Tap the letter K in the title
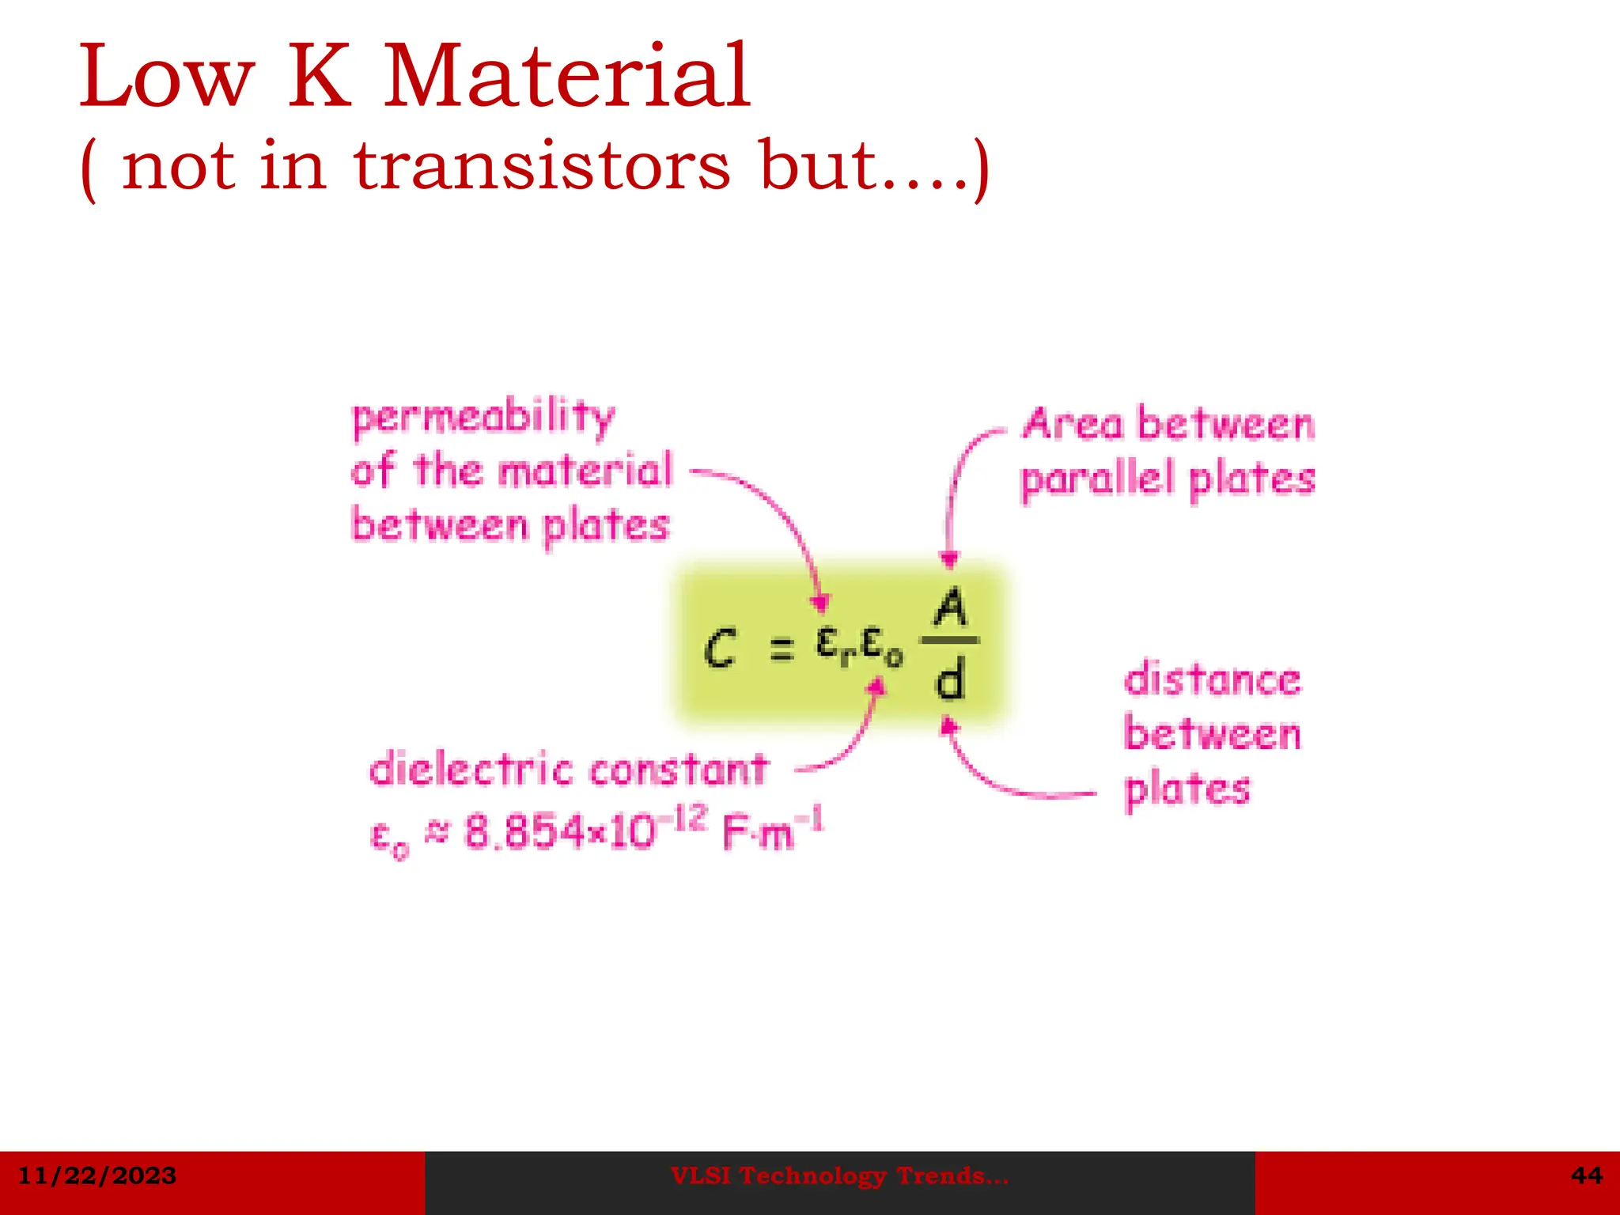(319, 77)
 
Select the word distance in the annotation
(1212, 679)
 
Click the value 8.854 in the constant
(521, 831)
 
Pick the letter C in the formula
(721, 649)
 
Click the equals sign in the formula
(782, 650)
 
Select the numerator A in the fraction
(950, 609)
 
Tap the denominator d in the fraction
(950, 680)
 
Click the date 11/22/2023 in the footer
(97, 1175)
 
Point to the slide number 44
(1586, 1175)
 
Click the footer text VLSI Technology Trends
(839, 1176)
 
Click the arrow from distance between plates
(997, 779)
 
